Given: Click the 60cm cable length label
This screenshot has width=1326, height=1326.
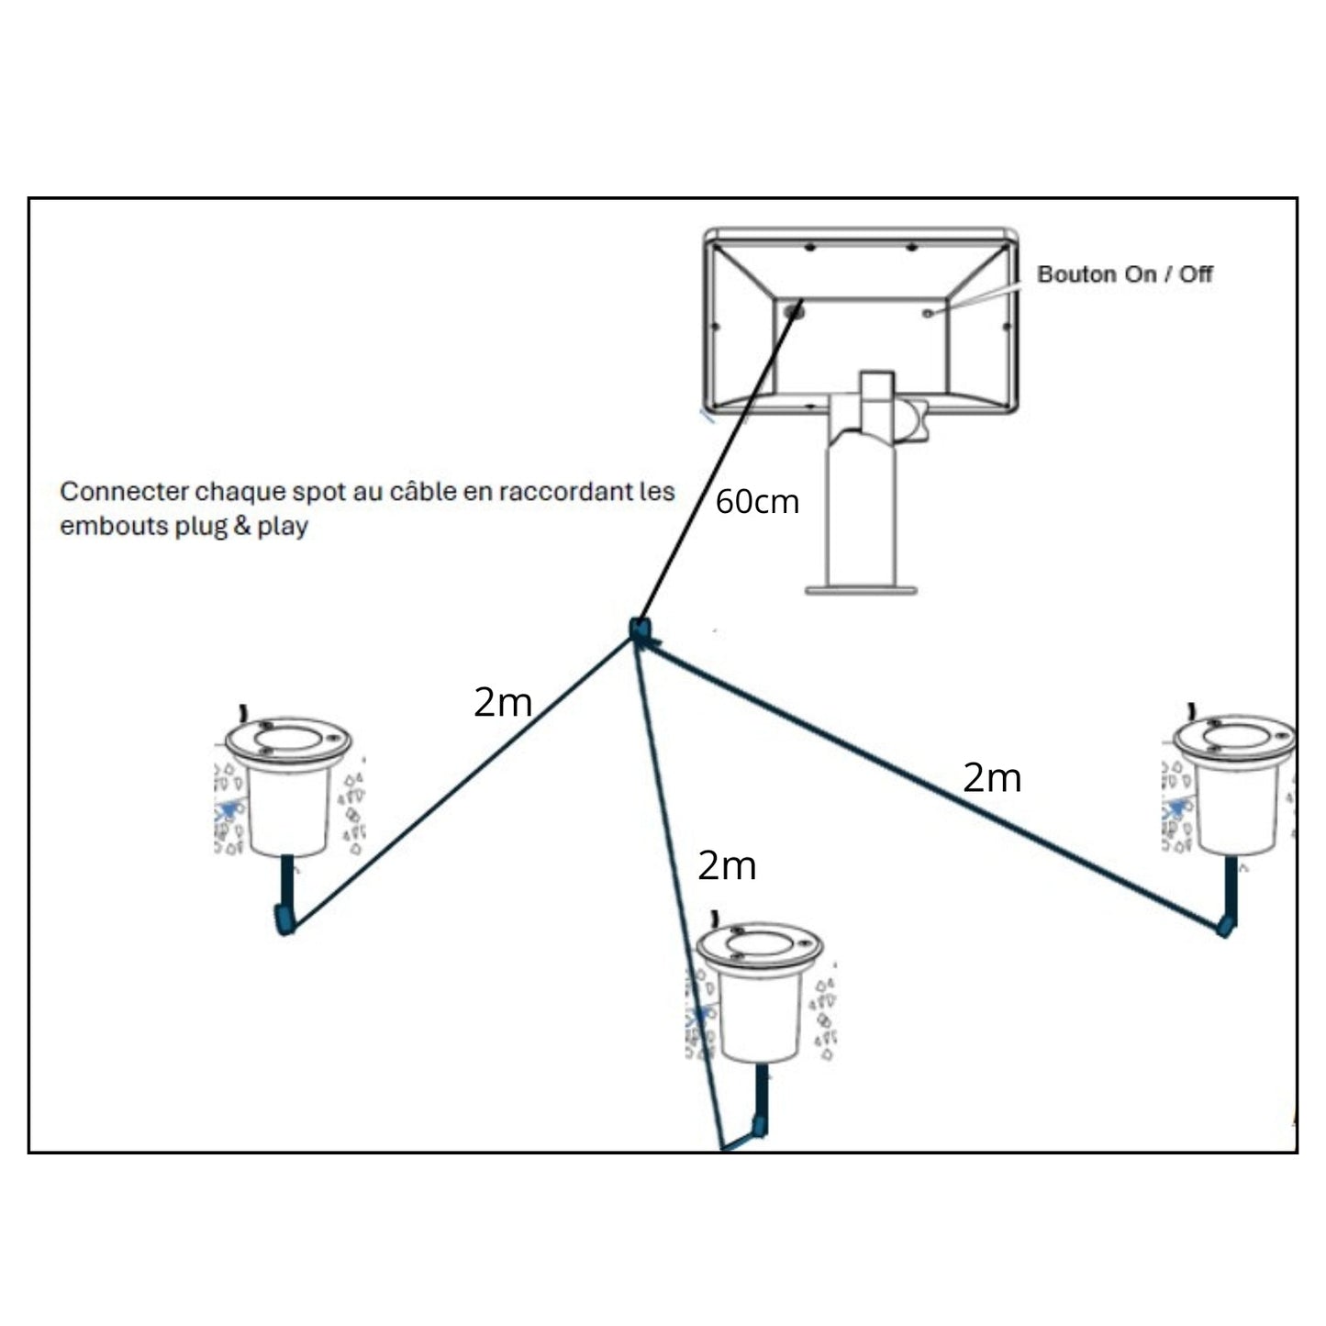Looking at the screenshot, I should pos(757,502).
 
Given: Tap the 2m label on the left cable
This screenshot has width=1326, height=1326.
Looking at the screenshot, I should pos(503,703).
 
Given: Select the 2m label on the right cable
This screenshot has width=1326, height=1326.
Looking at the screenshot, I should pos(992,778).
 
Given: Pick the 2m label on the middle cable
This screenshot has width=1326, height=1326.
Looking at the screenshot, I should pos(727,865).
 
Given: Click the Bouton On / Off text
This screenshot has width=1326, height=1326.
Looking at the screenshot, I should pos(1124,274).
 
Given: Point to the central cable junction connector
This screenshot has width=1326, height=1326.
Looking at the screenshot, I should pos(640,630).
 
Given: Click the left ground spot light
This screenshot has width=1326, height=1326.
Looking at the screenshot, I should pos(288,789).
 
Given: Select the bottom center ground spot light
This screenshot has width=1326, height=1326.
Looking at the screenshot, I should pos(759,996).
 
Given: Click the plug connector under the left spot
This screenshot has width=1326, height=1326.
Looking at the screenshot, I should pos(284,919).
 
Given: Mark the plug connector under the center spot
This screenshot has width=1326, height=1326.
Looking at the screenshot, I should pos(758,1126).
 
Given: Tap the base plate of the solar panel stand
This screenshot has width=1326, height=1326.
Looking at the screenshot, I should pos(861,589).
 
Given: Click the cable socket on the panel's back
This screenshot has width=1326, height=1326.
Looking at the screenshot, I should pos(794,312).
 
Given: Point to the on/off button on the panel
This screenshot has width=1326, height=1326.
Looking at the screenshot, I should pos(929,314).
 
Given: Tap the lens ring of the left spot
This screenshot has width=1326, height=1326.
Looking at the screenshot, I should pos(289,736).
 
